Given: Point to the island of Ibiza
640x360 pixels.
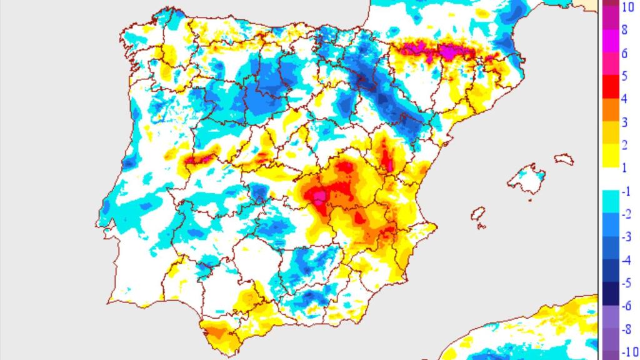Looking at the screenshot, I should [479, 214].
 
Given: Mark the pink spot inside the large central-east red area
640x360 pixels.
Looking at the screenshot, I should [319, 197].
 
